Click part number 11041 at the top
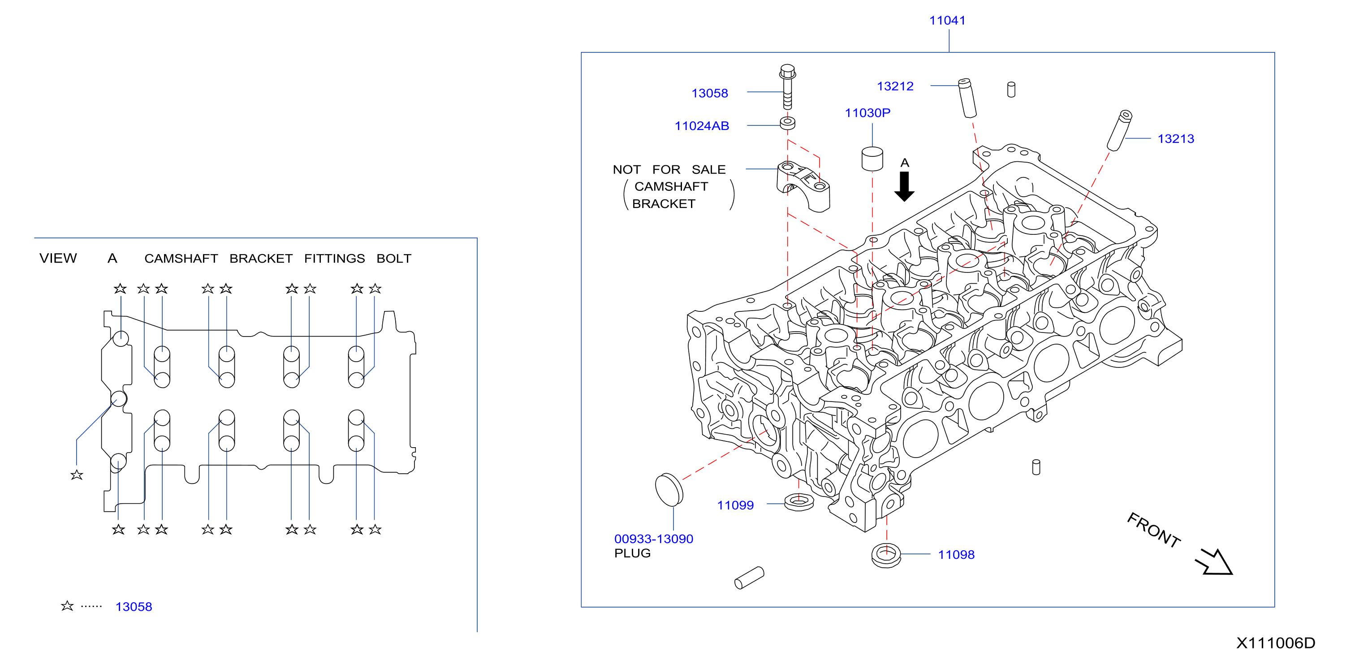point(947,21)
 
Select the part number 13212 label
point(895,86)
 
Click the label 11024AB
point(702,126)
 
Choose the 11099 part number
point(735,505)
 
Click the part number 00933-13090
point(654,539)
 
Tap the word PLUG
point(633,553)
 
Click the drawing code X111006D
point(1276,643)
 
